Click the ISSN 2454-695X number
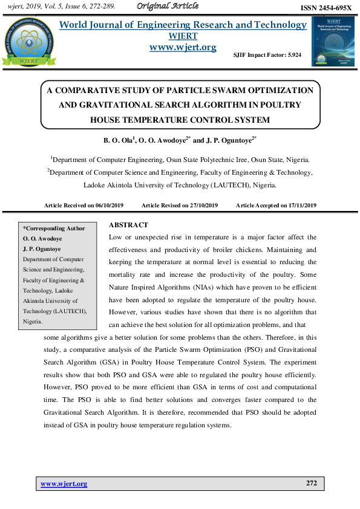pos(326,8)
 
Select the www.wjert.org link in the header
pos(182,47)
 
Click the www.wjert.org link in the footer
pos(64,484)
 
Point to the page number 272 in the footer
pos(311,484)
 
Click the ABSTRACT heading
pos(128,225)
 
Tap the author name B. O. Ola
pos(117,140)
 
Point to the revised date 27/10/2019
pos(203,206)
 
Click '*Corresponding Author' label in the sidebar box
pos(54,229)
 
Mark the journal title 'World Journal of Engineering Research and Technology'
pos(182,25)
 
